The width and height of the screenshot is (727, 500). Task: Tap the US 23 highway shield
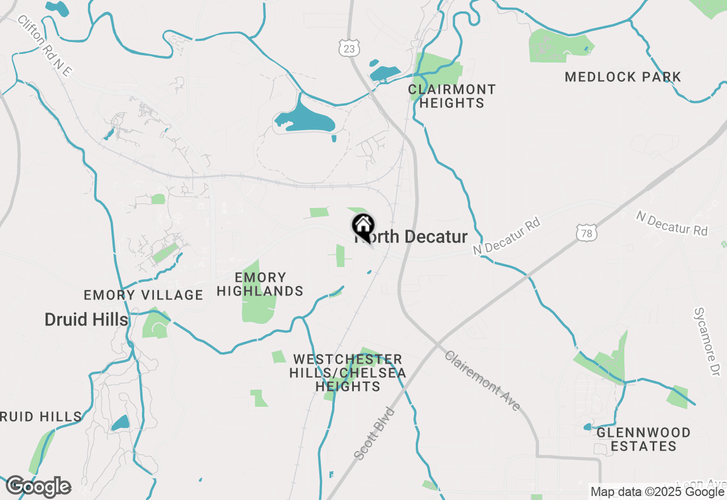(349, 48)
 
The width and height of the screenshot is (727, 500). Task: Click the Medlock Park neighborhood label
(623, 77)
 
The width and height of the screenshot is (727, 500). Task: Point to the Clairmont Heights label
(452, 96)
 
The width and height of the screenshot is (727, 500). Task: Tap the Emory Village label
(143, 295)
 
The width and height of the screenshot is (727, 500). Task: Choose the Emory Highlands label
(260, 284)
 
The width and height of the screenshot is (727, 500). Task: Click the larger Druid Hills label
(86, 319)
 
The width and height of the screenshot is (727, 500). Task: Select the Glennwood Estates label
(644, 439)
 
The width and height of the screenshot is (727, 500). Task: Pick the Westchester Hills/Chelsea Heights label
(348, 373)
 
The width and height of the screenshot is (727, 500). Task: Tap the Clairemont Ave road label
(482, 381)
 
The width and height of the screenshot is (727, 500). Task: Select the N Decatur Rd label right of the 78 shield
(672, 223)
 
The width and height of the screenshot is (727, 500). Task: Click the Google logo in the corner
(38, 486)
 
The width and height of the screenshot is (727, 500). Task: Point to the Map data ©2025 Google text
(657, 492)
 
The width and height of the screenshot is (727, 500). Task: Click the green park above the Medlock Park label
(559, 45)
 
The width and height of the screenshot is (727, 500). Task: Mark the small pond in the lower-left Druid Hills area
(120, 423)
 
